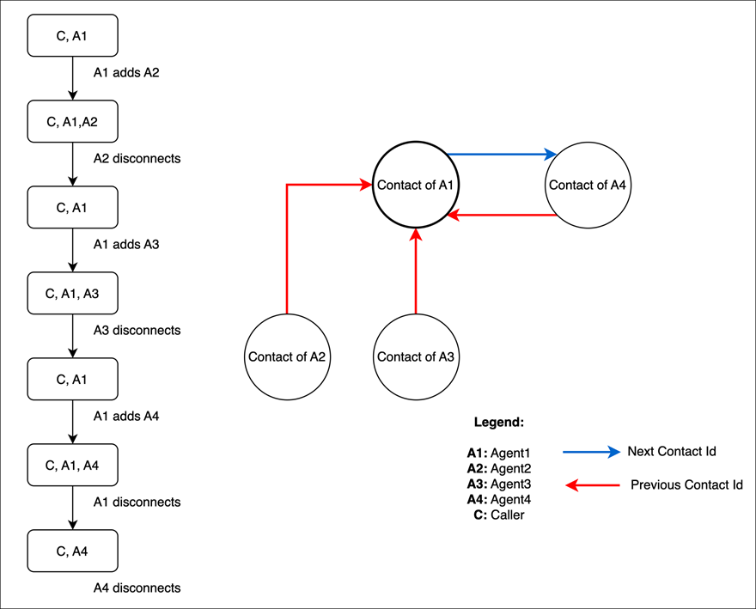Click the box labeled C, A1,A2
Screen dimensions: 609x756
pyautogui.click(x=72, y=121)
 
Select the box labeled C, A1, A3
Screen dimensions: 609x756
pyautogui.click(x=72, y=293)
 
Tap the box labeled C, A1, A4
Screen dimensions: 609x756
pyautogui.click(x=72, y=465)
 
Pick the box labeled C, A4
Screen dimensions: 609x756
pyautogui.click(x=72, y=551)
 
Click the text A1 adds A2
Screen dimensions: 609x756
pyautogui.click(x=126, y=73)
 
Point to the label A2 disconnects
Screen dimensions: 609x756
pyautogui.click(x=137, y=159)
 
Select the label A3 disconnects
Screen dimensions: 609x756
pyautogui.click(x=137, y=331)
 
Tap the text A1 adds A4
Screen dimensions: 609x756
pyautogui.click(x=126, y=417)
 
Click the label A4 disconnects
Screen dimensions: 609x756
pyautogui.click(x=137, y=588)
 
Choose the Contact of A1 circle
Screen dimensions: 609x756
pyautogui.click(x=416, y=185)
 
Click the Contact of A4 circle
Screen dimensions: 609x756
pyautogui.click(x=588, y=185)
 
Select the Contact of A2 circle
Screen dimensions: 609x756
pyautogui.click(x=287, y=356)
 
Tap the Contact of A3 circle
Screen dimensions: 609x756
pyautogui.click(x=416, y=356)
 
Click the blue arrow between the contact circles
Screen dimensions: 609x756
pyautogui.click(x=502, y=155)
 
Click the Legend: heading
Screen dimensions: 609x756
pyautogui.click(x=499, y=423)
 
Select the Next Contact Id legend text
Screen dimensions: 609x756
pyautogui.click(x=671, y=452)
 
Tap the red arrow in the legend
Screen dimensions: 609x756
pyautogui.click(x=593, y=486)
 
